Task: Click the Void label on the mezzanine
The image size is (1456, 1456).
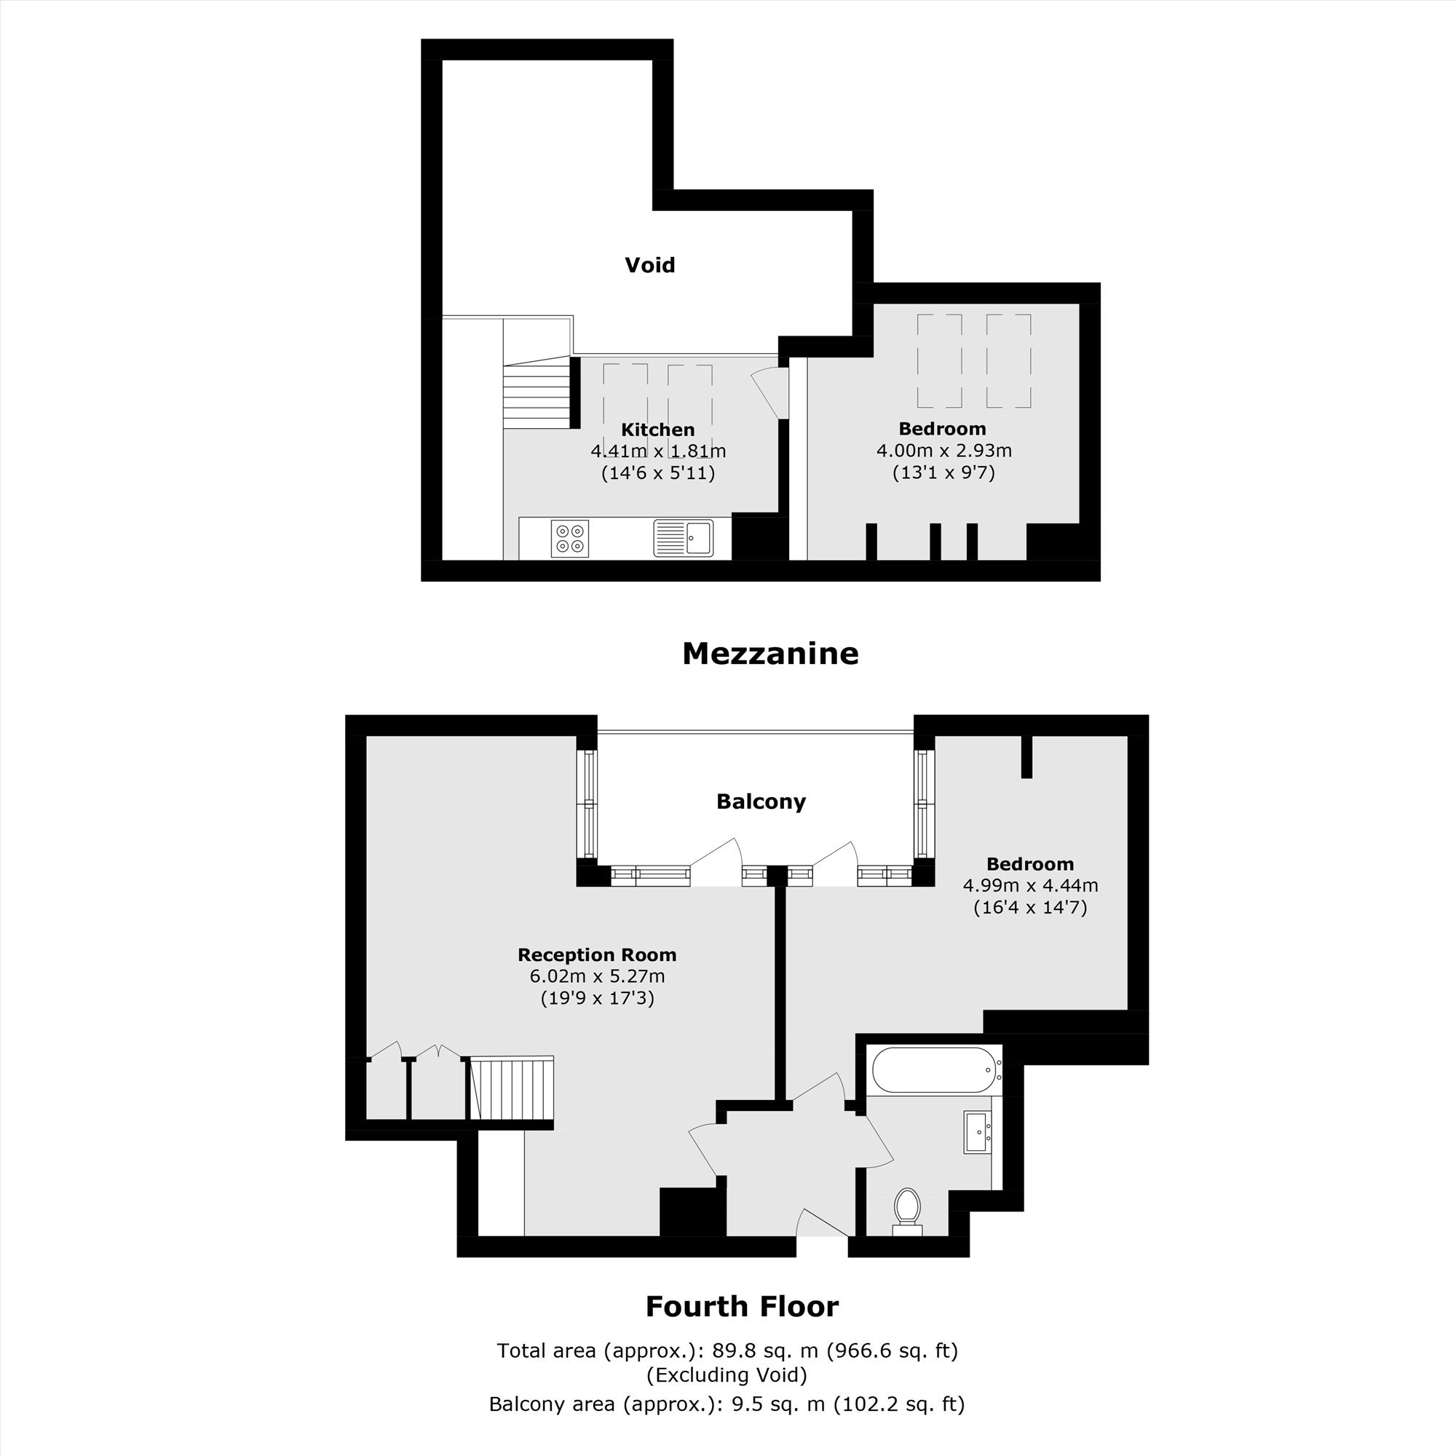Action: coord(649,265)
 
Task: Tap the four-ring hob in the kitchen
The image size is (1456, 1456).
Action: coord(570,538)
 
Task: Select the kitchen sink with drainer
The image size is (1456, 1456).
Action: coord(684,538)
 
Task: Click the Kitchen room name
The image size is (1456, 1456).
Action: coord(658,430)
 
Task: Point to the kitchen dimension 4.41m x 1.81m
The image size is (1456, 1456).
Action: coord(658,451)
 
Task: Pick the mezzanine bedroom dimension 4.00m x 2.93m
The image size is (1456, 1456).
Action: coord(943,451)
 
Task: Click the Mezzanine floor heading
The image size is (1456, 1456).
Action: coord(770,654)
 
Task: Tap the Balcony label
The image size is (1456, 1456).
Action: coord(761,801)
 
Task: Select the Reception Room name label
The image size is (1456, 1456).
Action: coord(597,955)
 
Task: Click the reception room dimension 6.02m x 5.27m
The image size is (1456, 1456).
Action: coord(597,977)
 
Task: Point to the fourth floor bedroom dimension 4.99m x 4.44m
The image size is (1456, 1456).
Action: coord(1030,885)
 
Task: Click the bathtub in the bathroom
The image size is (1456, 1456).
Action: coord(935,1070)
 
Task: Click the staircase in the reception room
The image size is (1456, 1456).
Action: coord(512,1088)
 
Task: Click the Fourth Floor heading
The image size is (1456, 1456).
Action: coord(742,1306)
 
